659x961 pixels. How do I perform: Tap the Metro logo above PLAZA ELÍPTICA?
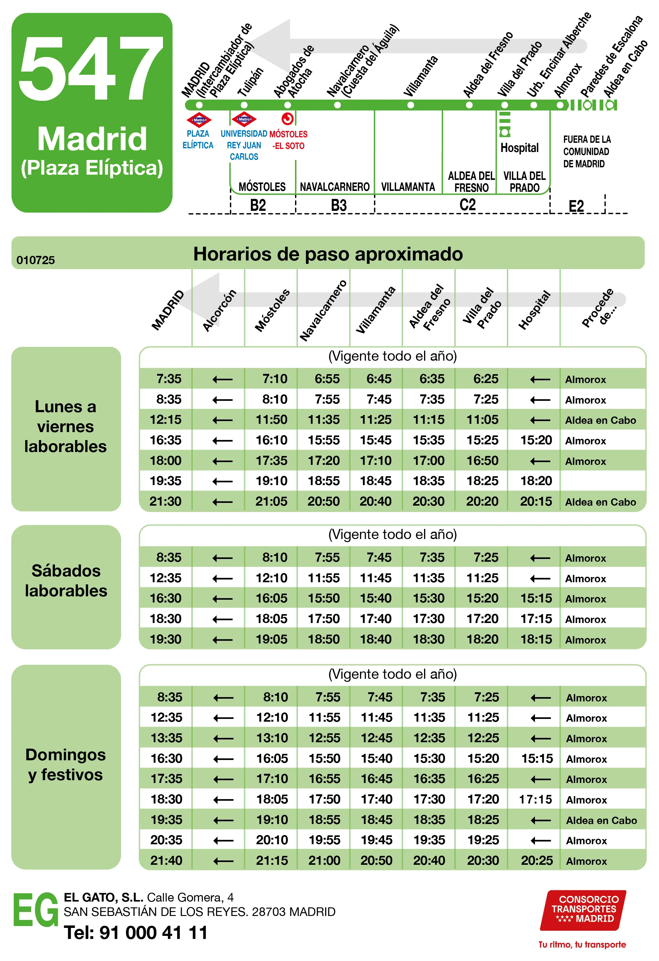coord(199,120)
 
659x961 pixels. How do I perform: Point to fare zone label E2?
coord(576,206)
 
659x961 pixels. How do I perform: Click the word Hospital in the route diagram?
coord(519,148)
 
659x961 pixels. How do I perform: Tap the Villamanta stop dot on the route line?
coord(411,105)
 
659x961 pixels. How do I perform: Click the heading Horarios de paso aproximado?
coord(328,254)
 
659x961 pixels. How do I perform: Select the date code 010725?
coord(36,260)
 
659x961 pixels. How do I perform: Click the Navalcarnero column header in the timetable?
coord(323,310)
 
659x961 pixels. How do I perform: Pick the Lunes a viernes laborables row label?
coord(66,427)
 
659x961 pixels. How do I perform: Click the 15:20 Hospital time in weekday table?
coord(536,440)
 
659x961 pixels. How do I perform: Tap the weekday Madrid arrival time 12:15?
coord(165,420)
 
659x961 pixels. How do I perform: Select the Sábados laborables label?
coord(66,581)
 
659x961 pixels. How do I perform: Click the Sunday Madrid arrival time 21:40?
coord(166,860)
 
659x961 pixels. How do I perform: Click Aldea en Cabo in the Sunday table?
coord(601,820)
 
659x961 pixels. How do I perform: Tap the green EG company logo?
coord(36,910)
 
